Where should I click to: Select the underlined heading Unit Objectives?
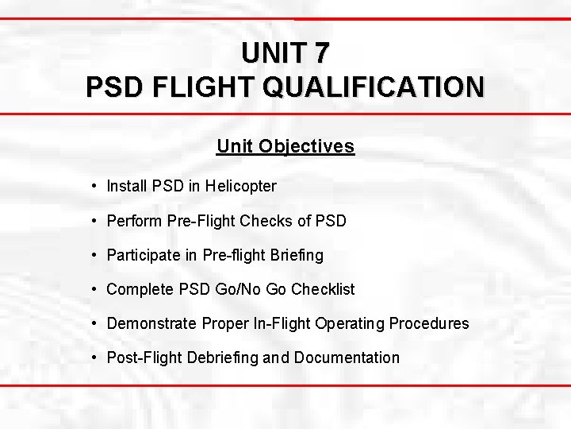(x=285, y=147)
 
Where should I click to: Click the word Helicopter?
(x=240, y=187)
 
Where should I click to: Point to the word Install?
(x=127, y=187)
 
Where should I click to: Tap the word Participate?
(x=143, y=255)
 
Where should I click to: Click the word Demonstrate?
(x=151, y=323)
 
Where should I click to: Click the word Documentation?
(x=347, y=357)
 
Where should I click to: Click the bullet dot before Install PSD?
(x=94, y=187)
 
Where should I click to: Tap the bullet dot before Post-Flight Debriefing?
(x=94, y=357)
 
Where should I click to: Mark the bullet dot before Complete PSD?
(x=94, y=289)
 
